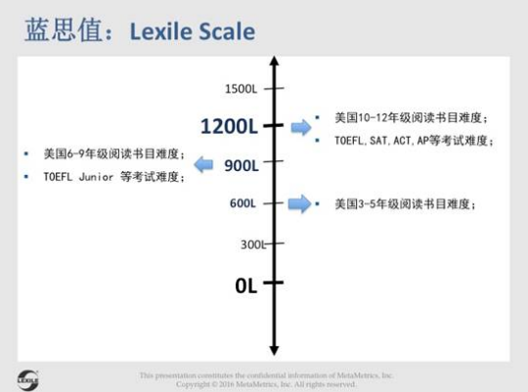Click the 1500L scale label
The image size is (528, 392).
pyautogui.click(x=241, y=89)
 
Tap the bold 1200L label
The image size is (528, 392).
pyautogui.click(x=228, y=126)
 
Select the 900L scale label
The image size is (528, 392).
pyautogui.click(x=241, y=165)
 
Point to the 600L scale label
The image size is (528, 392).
pyautogui.click(x=242, y=203)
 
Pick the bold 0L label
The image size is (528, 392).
pyautogui.click(x=245, y=285)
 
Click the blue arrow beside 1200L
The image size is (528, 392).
pyautogui.click(x=301, y=127)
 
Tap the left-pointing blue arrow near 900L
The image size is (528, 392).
pyautogui.click(x=203, y=164)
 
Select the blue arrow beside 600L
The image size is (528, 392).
pyautogui.click(x=300, y=203)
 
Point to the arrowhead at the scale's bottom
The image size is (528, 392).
pyautogui.click(x=274, y=349)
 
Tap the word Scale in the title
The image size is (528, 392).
pyautogui.click(x=229, y=32)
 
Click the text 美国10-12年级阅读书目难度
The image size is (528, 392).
pyautogui.click(x=410, y=118)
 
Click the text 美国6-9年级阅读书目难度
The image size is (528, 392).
pyautogui.click(x=113, y=153)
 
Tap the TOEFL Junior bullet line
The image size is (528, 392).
pyautogui.click(x=112, y=177)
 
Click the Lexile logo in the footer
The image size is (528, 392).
pyautogui.click(x=27, y=377)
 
